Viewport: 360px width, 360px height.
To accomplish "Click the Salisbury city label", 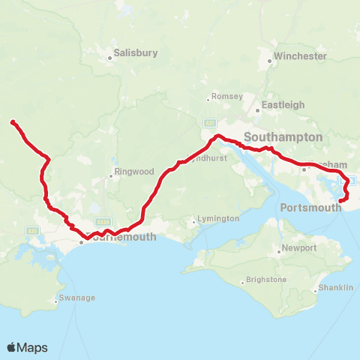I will click(136, 53).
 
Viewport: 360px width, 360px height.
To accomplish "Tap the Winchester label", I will click(301, 56).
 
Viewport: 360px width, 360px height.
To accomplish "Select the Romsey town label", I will click(228, 97).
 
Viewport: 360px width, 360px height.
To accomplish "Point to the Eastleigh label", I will click(282, 106).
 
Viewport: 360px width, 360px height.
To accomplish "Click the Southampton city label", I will click(283, 137).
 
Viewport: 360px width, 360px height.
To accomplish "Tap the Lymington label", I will click(217, 219).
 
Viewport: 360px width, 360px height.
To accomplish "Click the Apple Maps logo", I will click(27, 347).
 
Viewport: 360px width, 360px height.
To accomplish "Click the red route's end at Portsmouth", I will click(341, 200).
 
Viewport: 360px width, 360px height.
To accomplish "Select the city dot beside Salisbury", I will click(108, 54).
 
